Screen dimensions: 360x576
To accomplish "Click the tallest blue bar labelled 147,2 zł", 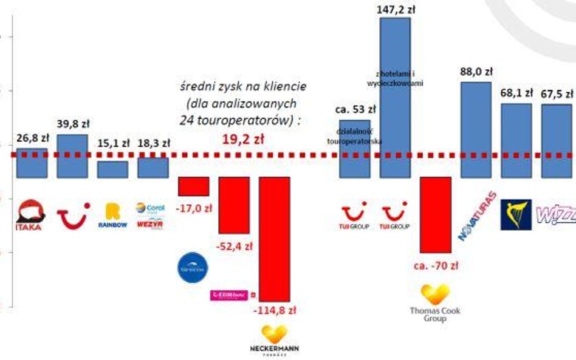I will [395, 97].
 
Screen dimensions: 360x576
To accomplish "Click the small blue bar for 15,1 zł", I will [112, 169].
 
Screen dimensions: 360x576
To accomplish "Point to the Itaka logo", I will [30, 216].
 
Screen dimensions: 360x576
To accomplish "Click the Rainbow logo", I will [112, 216].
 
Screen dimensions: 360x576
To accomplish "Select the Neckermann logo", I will [274, 341].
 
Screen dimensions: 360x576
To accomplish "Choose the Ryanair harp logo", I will [516, 215].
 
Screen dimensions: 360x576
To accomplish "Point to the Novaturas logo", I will [476, 216].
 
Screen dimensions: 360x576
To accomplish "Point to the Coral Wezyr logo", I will [149, 216].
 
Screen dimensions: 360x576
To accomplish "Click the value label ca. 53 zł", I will [355, 110].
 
